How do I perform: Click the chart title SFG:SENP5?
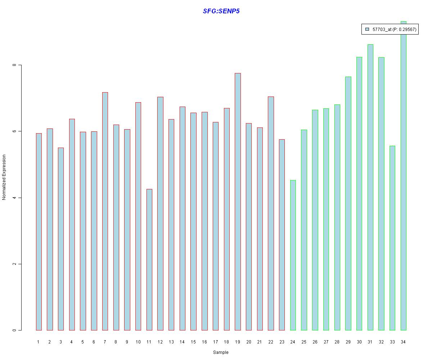(221, 11)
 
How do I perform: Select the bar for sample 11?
(149, 260)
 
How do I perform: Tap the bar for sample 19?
(238, 202)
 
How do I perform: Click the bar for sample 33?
(392, 238)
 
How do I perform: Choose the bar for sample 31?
(370, 187)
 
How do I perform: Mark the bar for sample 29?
(348, 203)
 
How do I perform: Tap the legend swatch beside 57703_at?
(367, 29)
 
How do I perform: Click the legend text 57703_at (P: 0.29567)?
(394, 29)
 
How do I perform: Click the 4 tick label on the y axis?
(14, 198)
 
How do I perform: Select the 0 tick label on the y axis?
(14, 330)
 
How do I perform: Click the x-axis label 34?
(403, 342)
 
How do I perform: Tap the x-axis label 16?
(204, 342)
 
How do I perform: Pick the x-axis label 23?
(282, 342)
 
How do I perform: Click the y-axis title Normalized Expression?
(4, 177)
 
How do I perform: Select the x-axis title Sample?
(221, 352)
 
